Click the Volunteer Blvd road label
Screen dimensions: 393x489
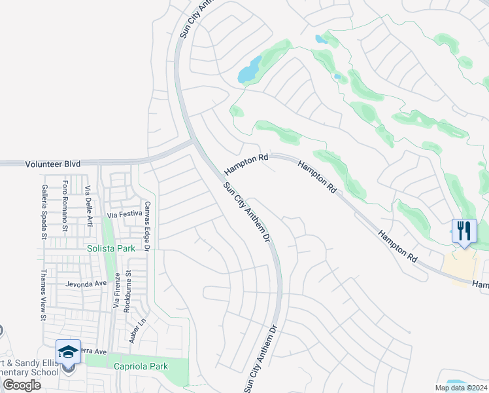click(53, 164)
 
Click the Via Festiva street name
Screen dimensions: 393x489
click(124, 214)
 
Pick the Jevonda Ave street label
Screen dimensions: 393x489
click(86, 284)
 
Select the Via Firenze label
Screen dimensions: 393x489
click(116, 293)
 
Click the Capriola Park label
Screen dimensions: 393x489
click(141, 367)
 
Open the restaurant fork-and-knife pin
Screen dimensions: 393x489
click(464, 231)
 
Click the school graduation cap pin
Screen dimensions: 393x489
click(68, 352)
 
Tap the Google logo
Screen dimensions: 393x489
click(22, 385)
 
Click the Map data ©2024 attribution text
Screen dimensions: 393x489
click(460, 388)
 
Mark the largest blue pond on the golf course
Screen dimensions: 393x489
click(249, 70)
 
